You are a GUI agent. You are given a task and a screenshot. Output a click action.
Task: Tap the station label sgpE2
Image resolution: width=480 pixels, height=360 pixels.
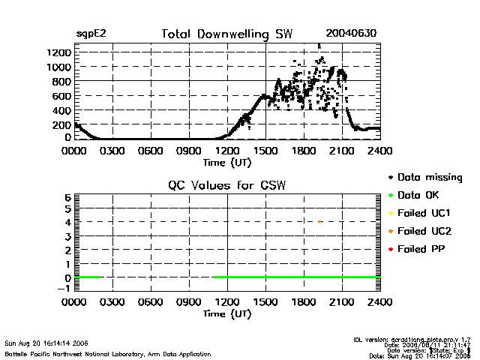tap(91, 34)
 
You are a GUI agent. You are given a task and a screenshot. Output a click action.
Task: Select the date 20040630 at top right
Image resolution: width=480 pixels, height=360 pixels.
tap(351, 34)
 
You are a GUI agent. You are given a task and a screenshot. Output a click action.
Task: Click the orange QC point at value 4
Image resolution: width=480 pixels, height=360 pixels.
tap(319, 222)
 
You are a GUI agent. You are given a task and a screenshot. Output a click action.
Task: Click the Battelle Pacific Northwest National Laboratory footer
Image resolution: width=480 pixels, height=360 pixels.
tap(107, 353)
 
